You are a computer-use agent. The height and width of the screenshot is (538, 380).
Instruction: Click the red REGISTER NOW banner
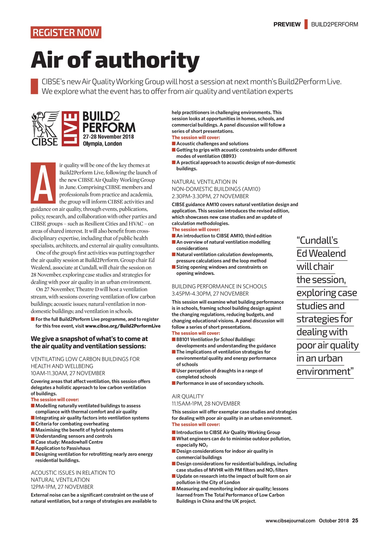coord(66,33)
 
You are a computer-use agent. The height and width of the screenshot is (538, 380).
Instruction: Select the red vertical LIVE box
coord(70,129)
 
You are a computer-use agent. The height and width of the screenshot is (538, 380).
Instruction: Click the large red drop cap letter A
coord(43,183)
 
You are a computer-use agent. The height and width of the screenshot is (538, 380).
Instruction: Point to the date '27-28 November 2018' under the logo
coord(108,137)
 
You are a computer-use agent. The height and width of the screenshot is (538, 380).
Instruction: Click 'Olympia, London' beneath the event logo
coord(102,144)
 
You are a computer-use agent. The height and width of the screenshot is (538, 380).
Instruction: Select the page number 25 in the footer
coord(355,520)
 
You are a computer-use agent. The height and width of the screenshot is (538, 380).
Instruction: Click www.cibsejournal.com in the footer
coord(290,521)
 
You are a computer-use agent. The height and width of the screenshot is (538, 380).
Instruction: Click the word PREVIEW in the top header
coord(287,24)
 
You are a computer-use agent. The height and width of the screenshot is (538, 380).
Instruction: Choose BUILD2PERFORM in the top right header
coord(335,24)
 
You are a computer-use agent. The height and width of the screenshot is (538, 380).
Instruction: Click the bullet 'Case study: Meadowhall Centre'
coord(69,442)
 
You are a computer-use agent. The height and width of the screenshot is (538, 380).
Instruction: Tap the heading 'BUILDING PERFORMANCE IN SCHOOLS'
coord(219,286)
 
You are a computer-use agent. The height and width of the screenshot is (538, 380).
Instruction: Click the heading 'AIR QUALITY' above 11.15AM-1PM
coord(188,396)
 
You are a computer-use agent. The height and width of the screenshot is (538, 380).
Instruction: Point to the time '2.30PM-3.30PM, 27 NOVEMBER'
coord(210,196)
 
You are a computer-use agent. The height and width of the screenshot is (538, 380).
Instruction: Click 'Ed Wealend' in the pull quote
coord(321,254)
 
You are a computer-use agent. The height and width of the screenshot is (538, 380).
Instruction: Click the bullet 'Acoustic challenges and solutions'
coord(212,144)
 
